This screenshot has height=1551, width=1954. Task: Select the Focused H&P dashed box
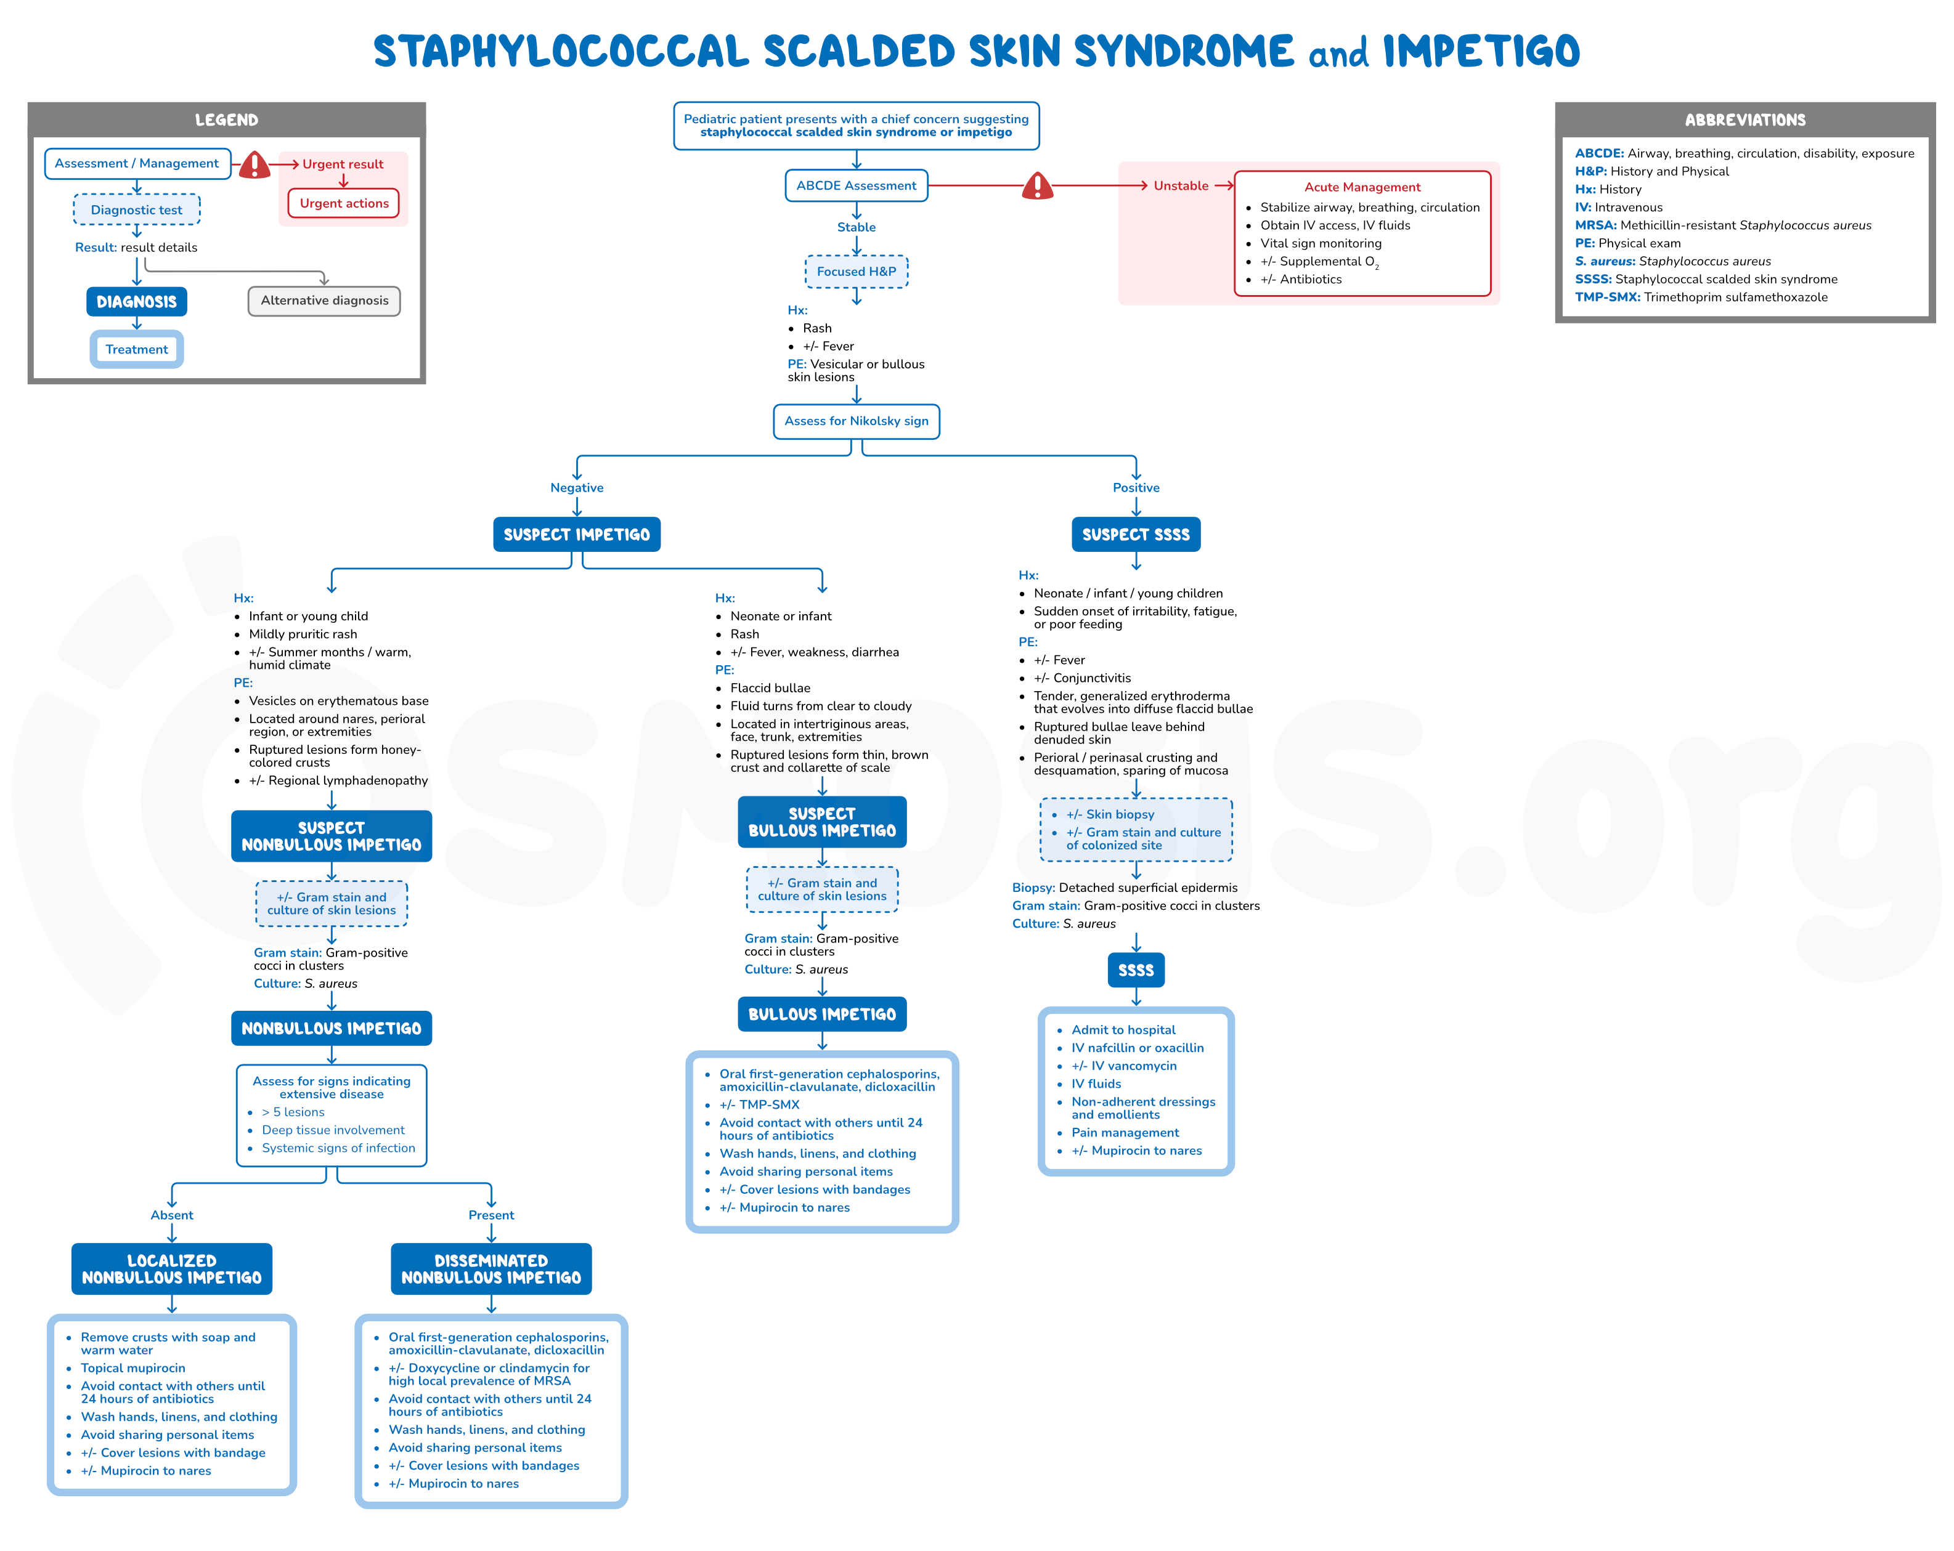click(857, 272)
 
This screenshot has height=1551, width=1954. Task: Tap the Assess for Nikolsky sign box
click(857, 421)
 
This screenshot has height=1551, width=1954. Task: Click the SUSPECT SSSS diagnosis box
click(1136, 535)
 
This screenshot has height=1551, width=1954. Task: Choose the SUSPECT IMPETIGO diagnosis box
click(577, 535)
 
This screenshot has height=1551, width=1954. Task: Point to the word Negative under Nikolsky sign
click(577, 487)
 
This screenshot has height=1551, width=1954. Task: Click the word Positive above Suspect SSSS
click(1136, 487)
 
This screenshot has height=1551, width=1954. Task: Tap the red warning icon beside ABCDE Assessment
click(1038, 186)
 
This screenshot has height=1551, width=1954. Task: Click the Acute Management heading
click(1362, 187)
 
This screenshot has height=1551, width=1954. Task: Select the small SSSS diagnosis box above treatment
click(1136, 970)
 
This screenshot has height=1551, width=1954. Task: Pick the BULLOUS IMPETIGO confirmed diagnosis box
click(822, 1014)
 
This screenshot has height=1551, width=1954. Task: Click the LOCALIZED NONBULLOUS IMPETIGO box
click(172, 1270)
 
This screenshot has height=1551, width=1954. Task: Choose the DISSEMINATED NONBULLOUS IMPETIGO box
click(491, 1270)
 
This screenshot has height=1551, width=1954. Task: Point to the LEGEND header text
click(227, 119)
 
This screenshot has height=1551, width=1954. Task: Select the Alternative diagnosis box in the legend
click(325, 301)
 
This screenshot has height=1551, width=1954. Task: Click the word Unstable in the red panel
click(1181, 186)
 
